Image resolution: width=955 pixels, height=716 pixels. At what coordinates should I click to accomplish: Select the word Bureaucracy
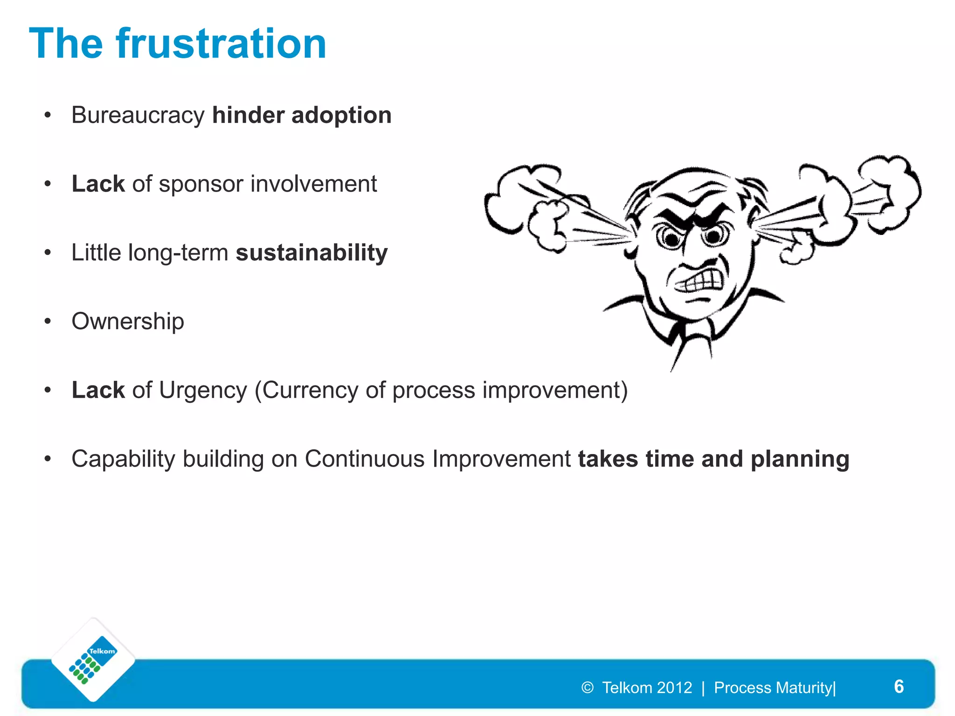[x=138, y=115]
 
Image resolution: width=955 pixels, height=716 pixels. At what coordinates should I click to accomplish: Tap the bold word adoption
[x=341, y=115]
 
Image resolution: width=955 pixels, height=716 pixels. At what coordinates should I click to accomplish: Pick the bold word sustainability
[x=311, y=253]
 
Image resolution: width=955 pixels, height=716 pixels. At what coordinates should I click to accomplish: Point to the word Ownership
[x=128, y=321]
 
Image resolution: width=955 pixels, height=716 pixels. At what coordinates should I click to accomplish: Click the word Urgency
[x=203, y=390]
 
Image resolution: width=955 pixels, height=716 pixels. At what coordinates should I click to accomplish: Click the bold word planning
[x=800, y=459]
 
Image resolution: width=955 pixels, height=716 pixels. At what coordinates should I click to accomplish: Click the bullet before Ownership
[x=48, y=321]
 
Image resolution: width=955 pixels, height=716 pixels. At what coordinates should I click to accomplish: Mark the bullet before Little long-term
[x=48, y=253]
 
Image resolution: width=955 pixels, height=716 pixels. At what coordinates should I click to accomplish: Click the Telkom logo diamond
[x=93, y=660]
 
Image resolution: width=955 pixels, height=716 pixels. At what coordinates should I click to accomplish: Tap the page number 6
[x=899, y=687]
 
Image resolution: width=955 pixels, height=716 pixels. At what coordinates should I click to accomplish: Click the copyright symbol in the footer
[x=587, y=688]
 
